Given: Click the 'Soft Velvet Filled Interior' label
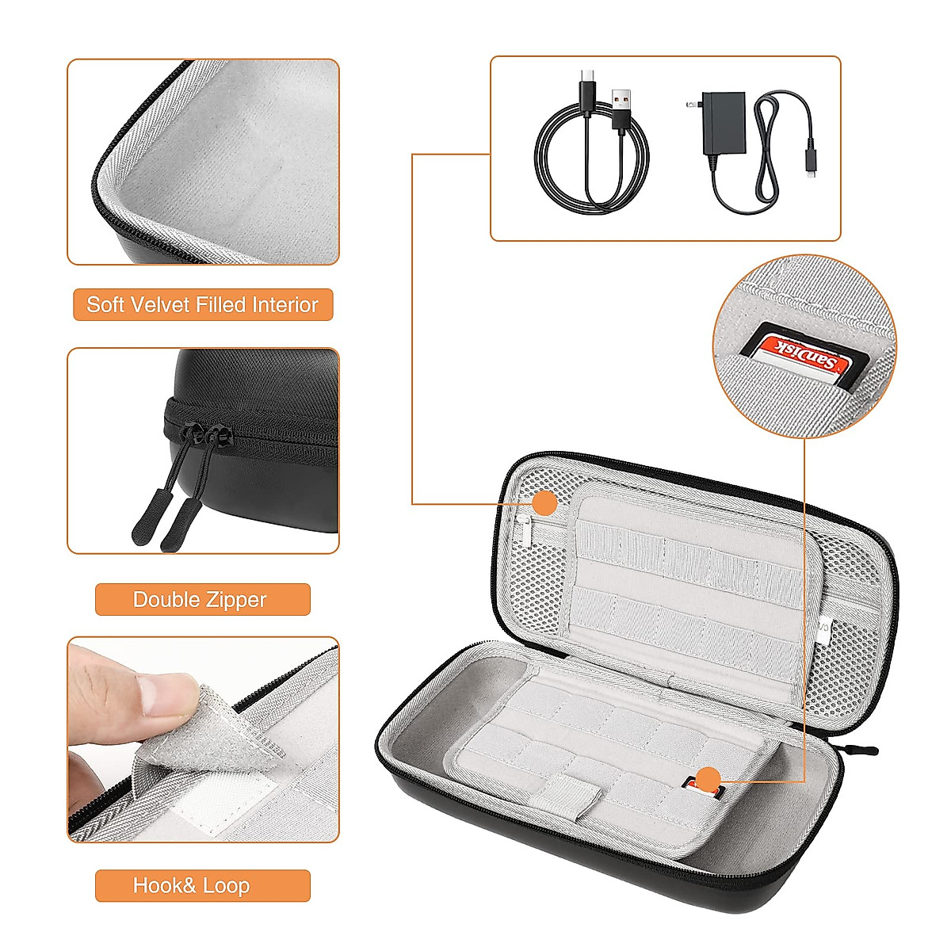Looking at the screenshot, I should [x=202, y=305].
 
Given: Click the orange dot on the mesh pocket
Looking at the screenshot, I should [x=544, y=502].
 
